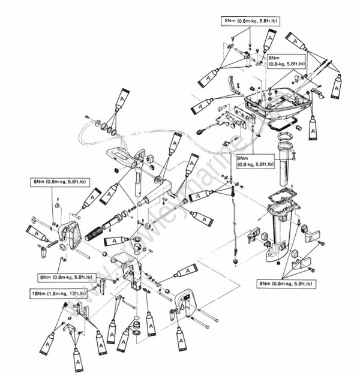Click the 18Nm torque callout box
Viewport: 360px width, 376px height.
(58, 293)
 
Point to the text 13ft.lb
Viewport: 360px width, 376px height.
(77, 293)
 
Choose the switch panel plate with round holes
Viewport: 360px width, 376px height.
(236, 118)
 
